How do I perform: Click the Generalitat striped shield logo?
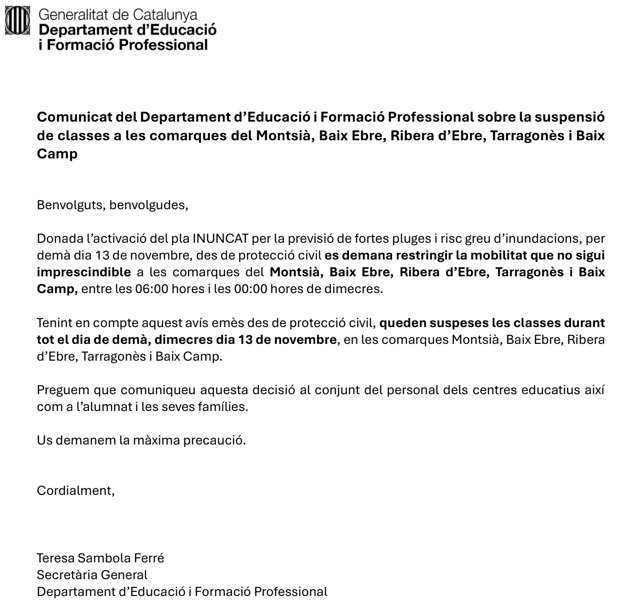coord(17,21)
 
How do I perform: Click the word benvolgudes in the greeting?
coord(148,205)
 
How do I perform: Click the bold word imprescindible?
coord(84,272)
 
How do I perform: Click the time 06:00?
coord(152,289)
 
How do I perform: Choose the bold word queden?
coord(401,322)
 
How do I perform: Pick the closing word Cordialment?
coord(76,490)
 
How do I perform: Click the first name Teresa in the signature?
coord(55,558)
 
